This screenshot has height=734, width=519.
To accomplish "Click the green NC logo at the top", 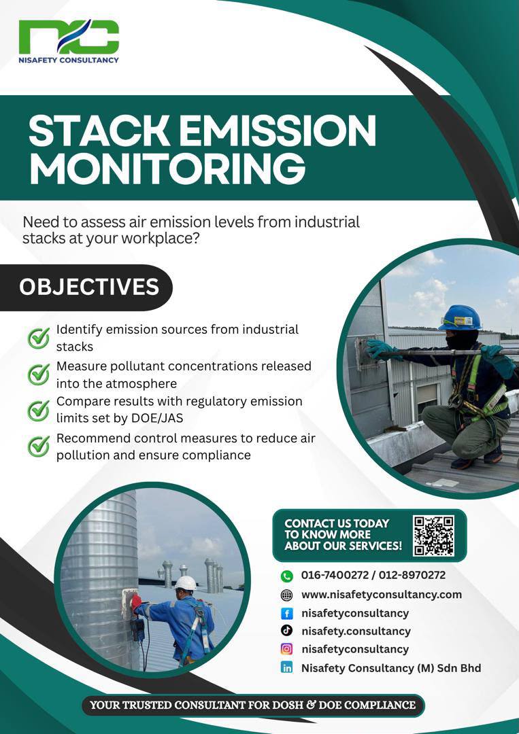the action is click(69, 37).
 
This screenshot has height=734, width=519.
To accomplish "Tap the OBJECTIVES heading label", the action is click(89, 287).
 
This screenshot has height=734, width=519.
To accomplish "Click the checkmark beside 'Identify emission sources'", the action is click(38, 338).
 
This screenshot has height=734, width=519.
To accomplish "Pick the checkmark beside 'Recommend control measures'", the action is click(38, 447).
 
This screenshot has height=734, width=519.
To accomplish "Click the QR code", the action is click(433, 536).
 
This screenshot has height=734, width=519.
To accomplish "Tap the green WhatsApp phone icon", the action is click(286, 576).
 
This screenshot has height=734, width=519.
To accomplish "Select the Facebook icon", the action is click(286, 613).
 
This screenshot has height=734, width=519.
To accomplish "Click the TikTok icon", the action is click(286, 631).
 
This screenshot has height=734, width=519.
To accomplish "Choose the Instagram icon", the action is click(286, 649).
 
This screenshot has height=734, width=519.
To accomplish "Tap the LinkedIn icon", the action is click(286, 667).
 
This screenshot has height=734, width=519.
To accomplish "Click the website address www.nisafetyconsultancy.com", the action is click(382, 595).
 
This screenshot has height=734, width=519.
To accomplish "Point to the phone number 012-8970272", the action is click(412, 575).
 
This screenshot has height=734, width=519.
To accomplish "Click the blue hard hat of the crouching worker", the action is click(461, 318).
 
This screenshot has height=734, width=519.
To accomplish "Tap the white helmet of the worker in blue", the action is click(186, 583).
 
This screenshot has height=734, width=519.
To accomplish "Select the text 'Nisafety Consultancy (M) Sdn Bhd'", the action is click(391, 668).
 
